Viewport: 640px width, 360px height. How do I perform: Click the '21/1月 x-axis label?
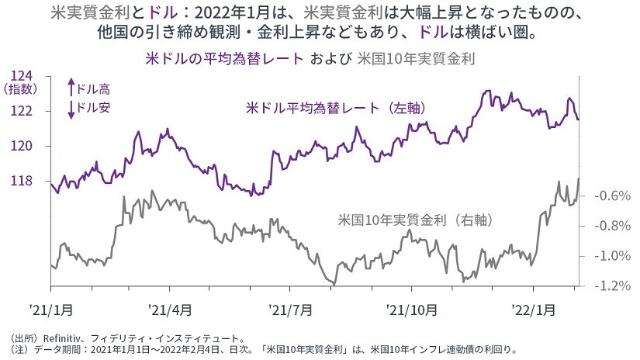(x=52, y=309)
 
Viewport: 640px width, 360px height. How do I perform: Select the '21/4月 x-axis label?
(x=171, y=309)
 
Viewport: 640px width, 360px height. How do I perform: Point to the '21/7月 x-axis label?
(x=291, y=309)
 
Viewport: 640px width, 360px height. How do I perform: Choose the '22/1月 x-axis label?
(x=534, y=309)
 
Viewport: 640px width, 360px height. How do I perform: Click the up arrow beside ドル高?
(x=71, y=88)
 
